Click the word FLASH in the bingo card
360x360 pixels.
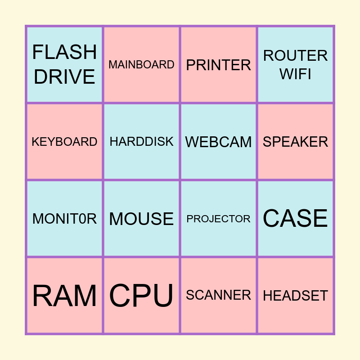[x=64, y=52]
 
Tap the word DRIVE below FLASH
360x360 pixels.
[x=64, y=76]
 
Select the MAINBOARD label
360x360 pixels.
[x=141, y=65]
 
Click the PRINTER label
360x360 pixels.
[x=218, y=65]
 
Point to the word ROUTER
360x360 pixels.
[x=295, y=56]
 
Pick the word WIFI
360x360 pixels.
[x=295, y=74]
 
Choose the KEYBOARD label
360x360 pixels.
[x=64, y=142]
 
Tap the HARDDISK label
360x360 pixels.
[x=141, y=142]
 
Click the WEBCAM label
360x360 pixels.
[x=218, y=142]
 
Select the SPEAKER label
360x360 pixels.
[x=295, y=142]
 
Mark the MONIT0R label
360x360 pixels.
[x=64, y=219]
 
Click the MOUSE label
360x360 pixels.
[x=141, y=219]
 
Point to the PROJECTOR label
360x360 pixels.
[x=218, y=219]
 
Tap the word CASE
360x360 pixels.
[x=295, y=219]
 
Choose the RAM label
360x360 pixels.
[x=64, y=296]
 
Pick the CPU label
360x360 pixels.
[x=141, y=296]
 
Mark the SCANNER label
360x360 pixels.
[x=218, y=295]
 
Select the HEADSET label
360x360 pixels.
[x=295, y=296]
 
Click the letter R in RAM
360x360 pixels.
[x=41, y=296]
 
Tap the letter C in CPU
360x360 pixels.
[x=119, y=296]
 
